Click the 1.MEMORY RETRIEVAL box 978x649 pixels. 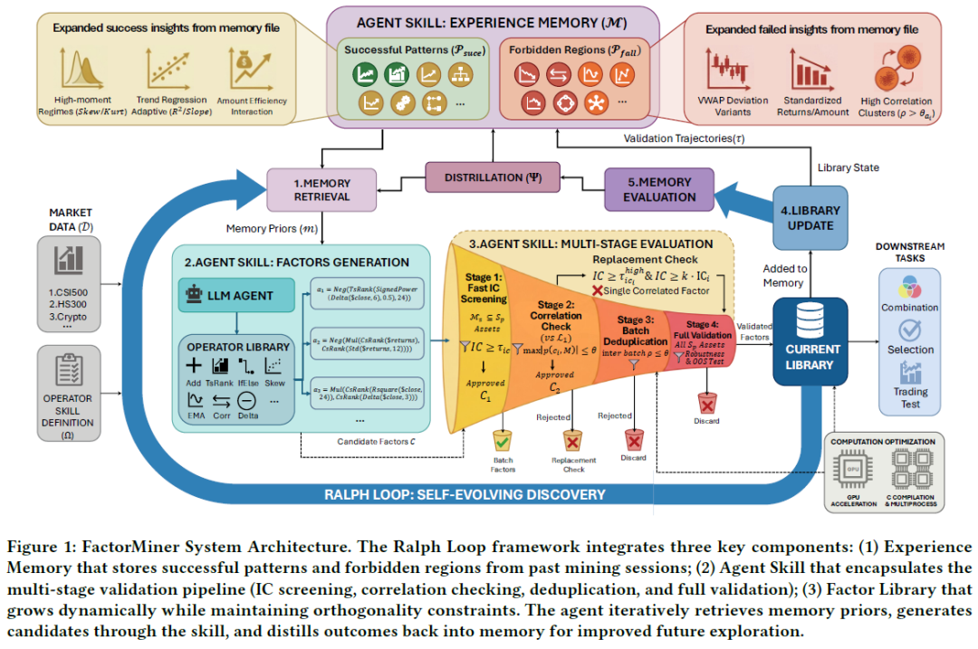321,190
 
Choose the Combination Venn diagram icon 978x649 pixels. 909,287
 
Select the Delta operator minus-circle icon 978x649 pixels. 246,399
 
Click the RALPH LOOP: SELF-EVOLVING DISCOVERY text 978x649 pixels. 464,494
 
